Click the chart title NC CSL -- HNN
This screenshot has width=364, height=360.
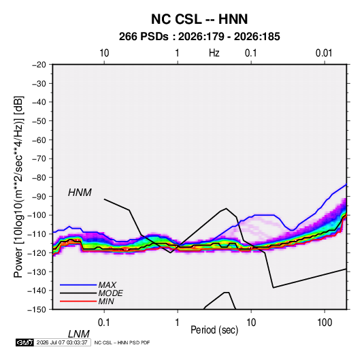point(199,19)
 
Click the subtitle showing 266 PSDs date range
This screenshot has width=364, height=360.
point(199,37)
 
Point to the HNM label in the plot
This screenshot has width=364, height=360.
point(80,193)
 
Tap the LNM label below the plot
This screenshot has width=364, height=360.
point(79,334)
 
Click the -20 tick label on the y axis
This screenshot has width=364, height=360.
point(39,65)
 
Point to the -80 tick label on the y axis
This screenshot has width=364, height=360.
point(39,178)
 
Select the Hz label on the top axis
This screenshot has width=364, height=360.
point(214,53)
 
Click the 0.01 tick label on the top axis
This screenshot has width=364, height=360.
point(324,53)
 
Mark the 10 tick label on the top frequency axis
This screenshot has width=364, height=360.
point(104,53)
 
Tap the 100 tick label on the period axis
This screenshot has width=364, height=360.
point(325,322)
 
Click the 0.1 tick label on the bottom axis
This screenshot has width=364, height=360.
point(104,322)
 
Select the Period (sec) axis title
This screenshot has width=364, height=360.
point(214,330)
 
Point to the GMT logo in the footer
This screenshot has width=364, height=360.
point(24,342)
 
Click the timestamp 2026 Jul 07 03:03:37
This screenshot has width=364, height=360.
point(62,342)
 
